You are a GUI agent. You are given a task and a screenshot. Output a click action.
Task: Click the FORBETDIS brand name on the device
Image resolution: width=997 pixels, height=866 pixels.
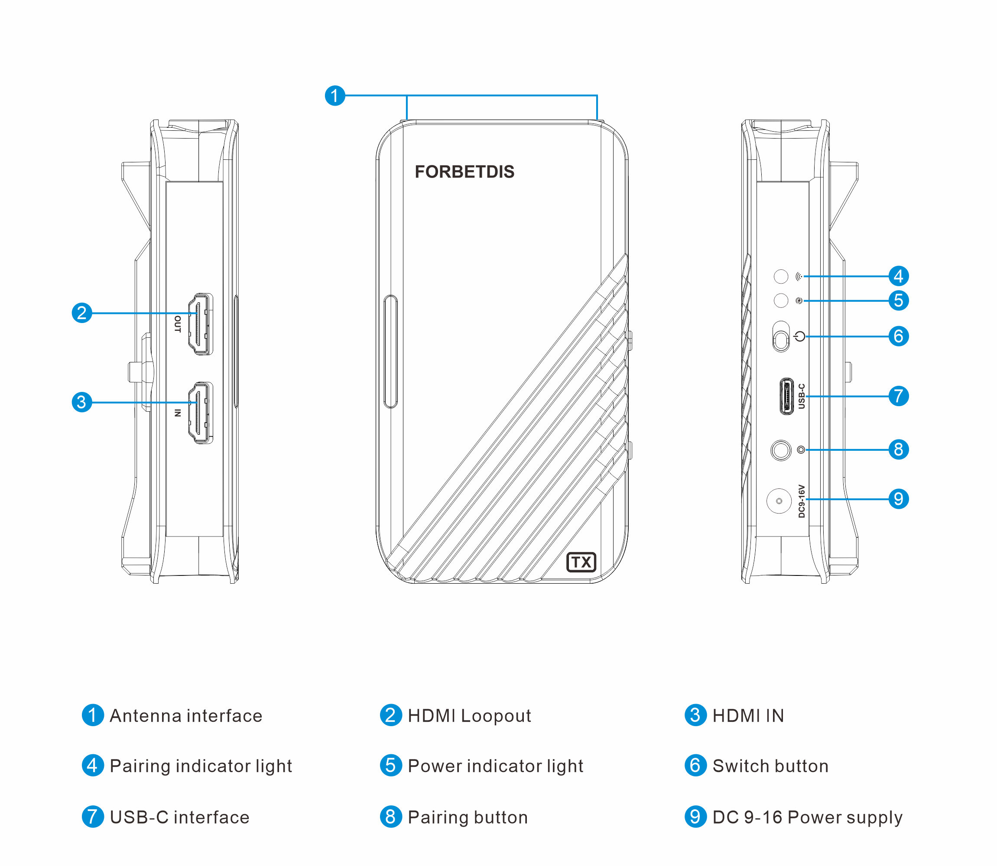click(x=464, y=171)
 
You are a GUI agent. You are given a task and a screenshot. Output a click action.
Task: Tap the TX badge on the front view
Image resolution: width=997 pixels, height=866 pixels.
click(x=581, y=562)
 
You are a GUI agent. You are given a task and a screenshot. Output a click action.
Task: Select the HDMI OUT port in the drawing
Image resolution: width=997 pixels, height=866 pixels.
click(x=201, y=324)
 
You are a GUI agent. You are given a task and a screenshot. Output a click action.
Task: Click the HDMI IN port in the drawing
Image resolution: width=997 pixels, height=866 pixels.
click(x=201, y=413)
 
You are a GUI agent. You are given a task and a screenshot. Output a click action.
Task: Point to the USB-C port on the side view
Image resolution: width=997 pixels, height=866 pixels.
click(x=787, y=396)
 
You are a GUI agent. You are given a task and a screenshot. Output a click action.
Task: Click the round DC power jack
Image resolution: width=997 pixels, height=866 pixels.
click(x=779, y=501)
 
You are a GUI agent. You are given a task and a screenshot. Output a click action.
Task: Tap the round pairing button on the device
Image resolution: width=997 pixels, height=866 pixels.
click(x=780, y=450)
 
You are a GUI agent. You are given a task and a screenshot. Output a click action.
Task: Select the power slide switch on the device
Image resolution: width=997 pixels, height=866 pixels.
click(x=781, y=337)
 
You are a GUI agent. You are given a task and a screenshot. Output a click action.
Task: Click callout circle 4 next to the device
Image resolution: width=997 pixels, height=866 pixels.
click(x=898, y=276)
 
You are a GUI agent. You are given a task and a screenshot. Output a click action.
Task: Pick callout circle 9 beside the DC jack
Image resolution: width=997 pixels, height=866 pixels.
click(x=898, y=499)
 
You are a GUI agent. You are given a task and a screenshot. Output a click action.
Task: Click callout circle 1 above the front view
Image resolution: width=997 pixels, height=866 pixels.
click(x=334, y=96)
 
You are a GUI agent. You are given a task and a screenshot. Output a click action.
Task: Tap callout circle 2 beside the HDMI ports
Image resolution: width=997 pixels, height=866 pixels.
click(x=82, y=313)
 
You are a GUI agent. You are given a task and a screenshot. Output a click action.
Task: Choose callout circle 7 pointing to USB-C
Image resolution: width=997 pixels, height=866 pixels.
click(x=898, y=396)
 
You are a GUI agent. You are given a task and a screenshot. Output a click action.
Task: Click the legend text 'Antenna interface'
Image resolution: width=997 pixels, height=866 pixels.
click(x=186, y=716)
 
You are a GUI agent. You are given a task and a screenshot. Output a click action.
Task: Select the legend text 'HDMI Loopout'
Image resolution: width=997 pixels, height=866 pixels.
click(x=469, y=716)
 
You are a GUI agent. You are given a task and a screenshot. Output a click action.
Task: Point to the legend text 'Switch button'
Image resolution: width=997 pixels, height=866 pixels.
click(x=770, y=766)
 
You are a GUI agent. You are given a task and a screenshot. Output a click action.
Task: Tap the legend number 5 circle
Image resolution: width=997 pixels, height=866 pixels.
click(x=391, y=766)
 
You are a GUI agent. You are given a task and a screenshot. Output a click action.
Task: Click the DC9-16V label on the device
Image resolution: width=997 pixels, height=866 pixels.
click(x=801, y=501)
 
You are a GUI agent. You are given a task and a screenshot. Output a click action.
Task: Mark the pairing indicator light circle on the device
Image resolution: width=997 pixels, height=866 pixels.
click(x=781, y=276)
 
